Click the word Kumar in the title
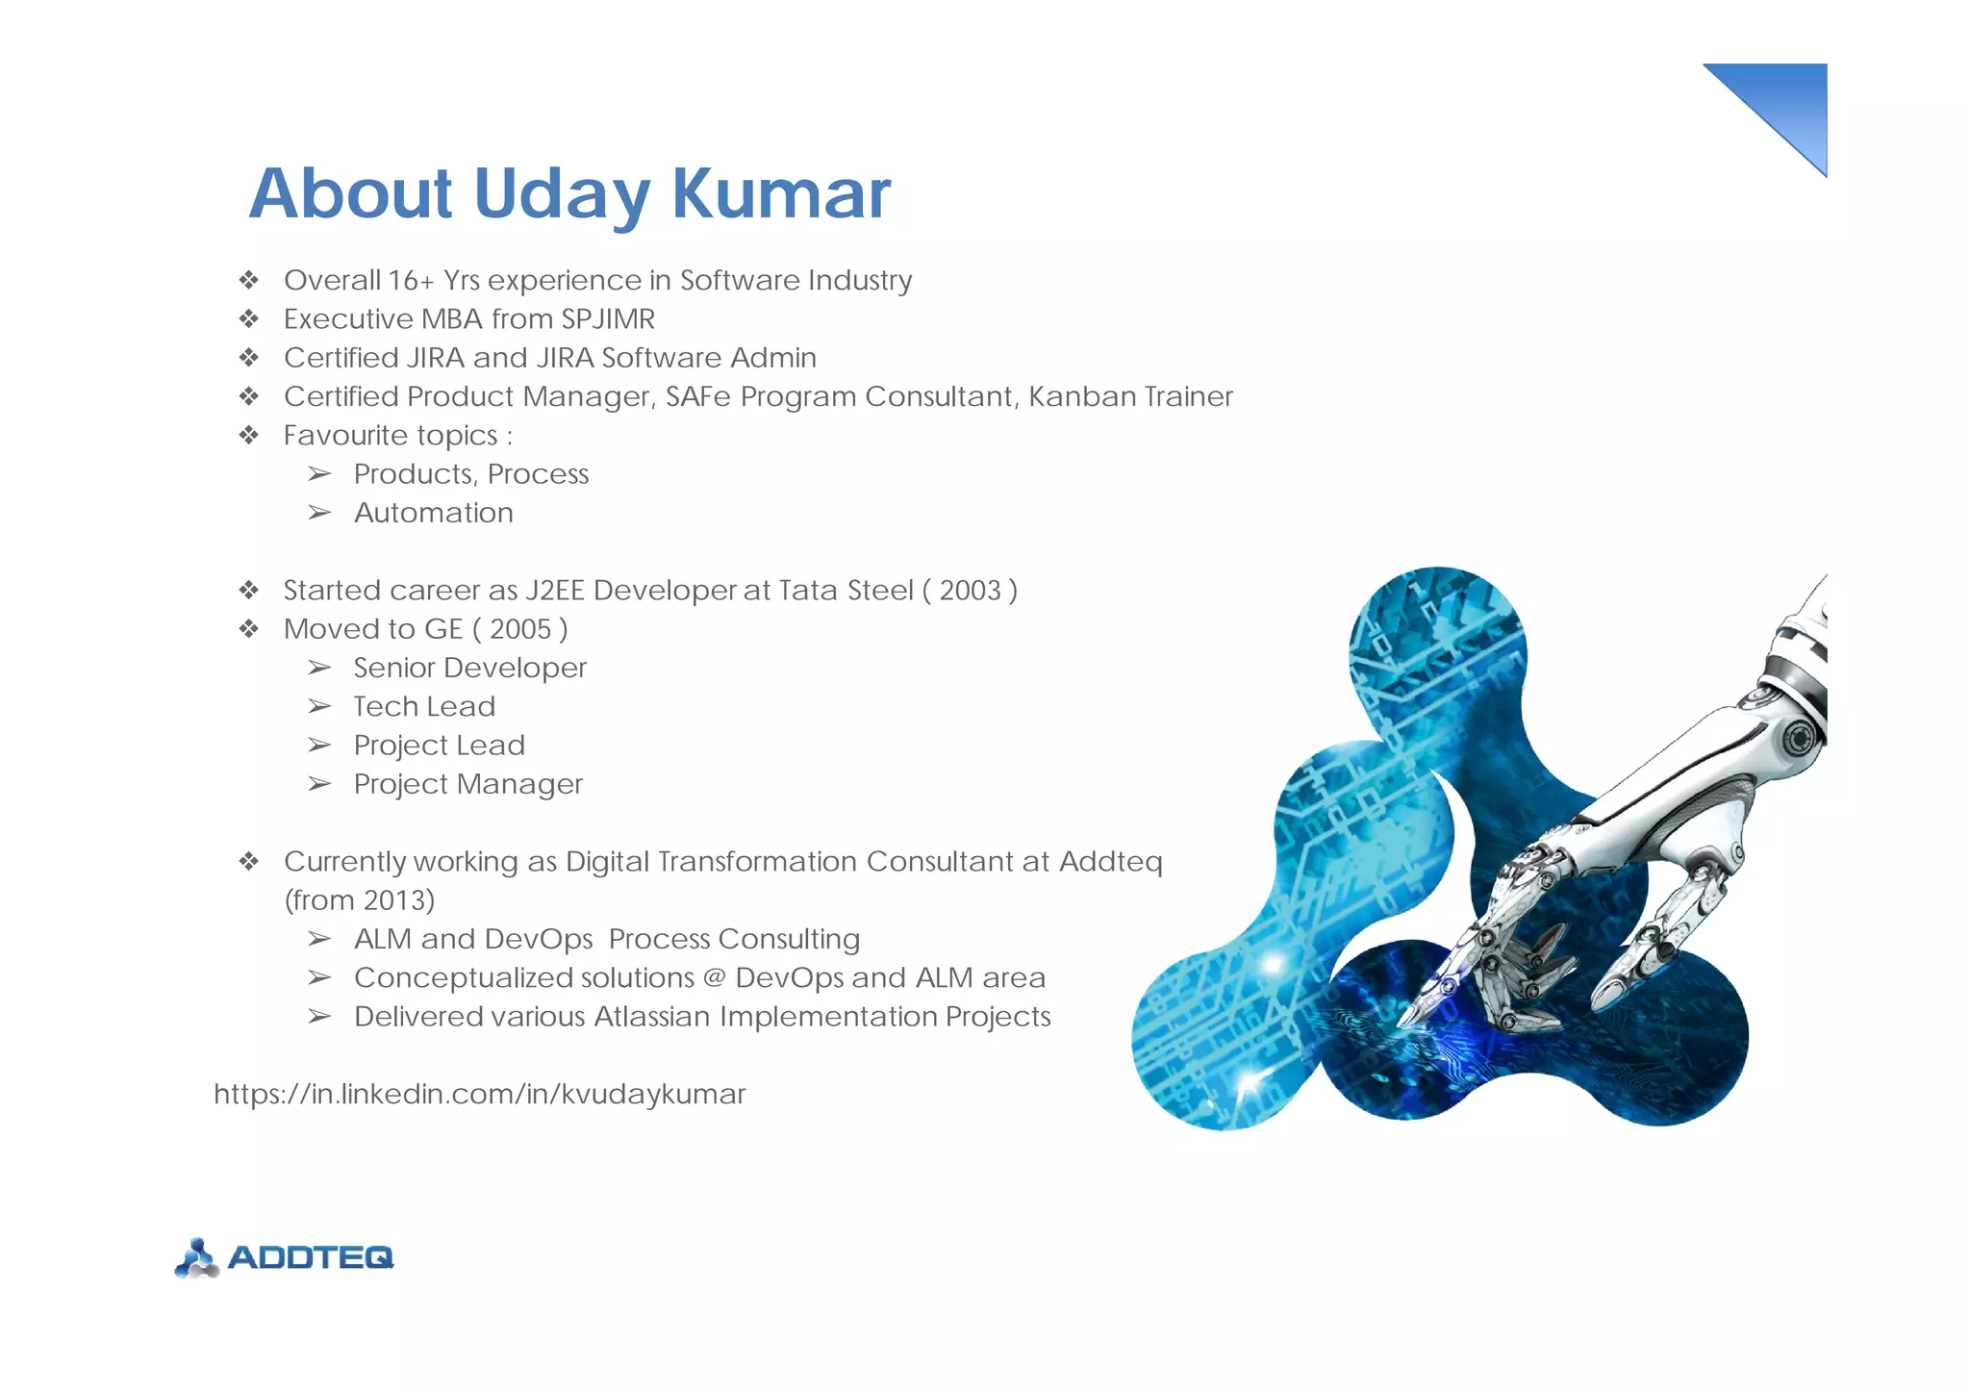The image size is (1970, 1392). point(780,193)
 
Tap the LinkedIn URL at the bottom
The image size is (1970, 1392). point(479,1094)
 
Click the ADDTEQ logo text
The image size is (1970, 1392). point(311,1257)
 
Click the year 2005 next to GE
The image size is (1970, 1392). point(520,629)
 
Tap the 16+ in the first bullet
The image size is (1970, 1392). point(411,281)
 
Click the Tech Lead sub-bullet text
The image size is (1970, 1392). point(424,706)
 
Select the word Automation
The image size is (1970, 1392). point(433,513)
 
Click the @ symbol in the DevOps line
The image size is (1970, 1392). point(714,977)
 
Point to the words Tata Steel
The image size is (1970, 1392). point(846,590)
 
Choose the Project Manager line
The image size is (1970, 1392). point(467,784)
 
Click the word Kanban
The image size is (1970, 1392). point(1069,396)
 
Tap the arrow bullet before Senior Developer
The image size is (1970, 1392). point(319,668)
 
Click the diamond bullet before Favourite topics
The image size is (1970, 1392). point(249,436)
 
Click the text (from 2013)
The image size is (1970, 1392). point(360,900)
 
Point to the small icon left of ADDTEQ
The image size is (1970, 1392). point(197,1257)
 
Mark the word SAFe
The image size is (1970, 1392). point(697,396)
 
